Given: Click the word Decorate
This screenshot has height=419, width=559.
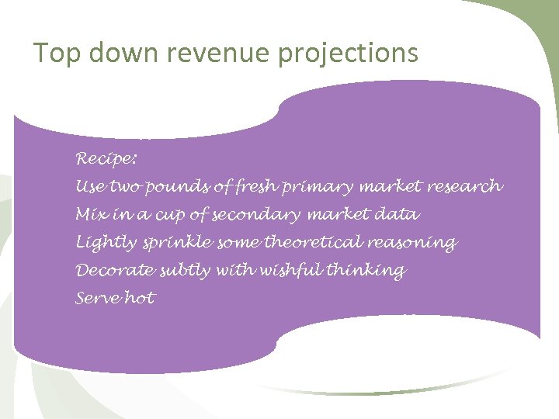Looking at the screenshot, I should [115, 270].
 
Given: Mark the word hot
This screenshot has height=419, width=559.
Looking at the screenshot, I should [140, 298].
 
